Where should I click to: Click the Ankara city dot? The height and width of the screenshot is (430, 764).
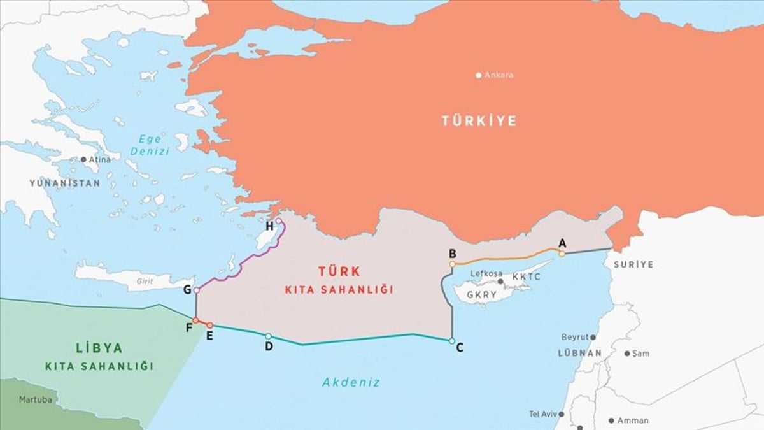point(479,75)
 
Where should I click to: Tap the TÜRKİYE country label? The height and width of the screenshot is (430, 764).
point(479,121)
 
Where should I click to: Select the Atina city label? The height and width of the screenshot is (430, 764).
point(99,159)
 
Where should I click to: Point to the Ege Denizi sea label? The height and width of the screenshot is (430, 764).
point(150,145)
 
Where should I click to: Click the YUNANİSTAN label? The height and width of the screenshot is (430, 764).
point(65,183)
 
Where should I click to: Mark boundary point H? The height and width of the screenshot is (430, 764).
point(278,221)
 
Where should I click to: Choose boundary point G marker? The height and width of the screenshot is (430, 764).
point(196,290)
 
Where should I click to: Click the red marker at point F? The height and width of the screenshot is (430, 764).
point(195,320)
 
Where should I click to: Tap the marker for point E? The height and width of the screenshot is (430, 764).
point(210,326)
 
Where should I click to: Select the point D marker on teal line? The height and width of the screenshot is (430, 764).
point(268,336)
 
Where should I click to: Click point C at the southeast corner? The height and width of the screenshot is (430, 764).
point(451,341)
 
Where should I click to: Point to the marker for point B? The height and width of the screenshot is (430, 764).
point(452,264)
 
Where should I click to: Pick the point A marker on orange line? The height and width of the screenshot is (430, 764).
point(562,254)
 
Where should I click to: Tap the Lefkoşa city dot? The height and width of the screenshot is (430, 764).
point(500,281)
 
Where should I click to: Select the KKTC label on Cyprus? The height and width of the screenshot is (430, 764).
point(526,277)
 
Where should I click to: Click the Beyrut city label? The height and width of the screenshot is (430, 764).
point(574,337)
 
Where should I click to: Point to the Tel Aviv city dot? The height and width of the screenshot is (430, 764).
point(560,414)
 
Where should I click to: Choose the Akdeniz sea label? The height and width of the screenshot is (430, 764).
point(351,383)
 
